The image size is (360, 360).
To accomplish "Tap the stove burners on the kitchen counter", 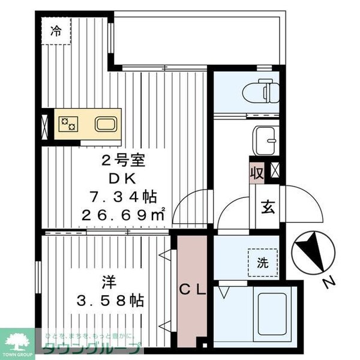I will tap(67, 124).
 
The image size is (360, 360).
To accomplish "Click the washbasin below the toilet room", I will tap(265, 139).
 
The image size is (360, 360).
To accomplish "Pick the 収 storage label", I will tap(257, 173).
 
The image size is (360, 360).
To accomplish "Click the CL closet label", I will tap(194, 290).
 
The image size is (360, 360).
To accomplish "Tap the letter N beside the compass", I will tap(326, 283).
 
